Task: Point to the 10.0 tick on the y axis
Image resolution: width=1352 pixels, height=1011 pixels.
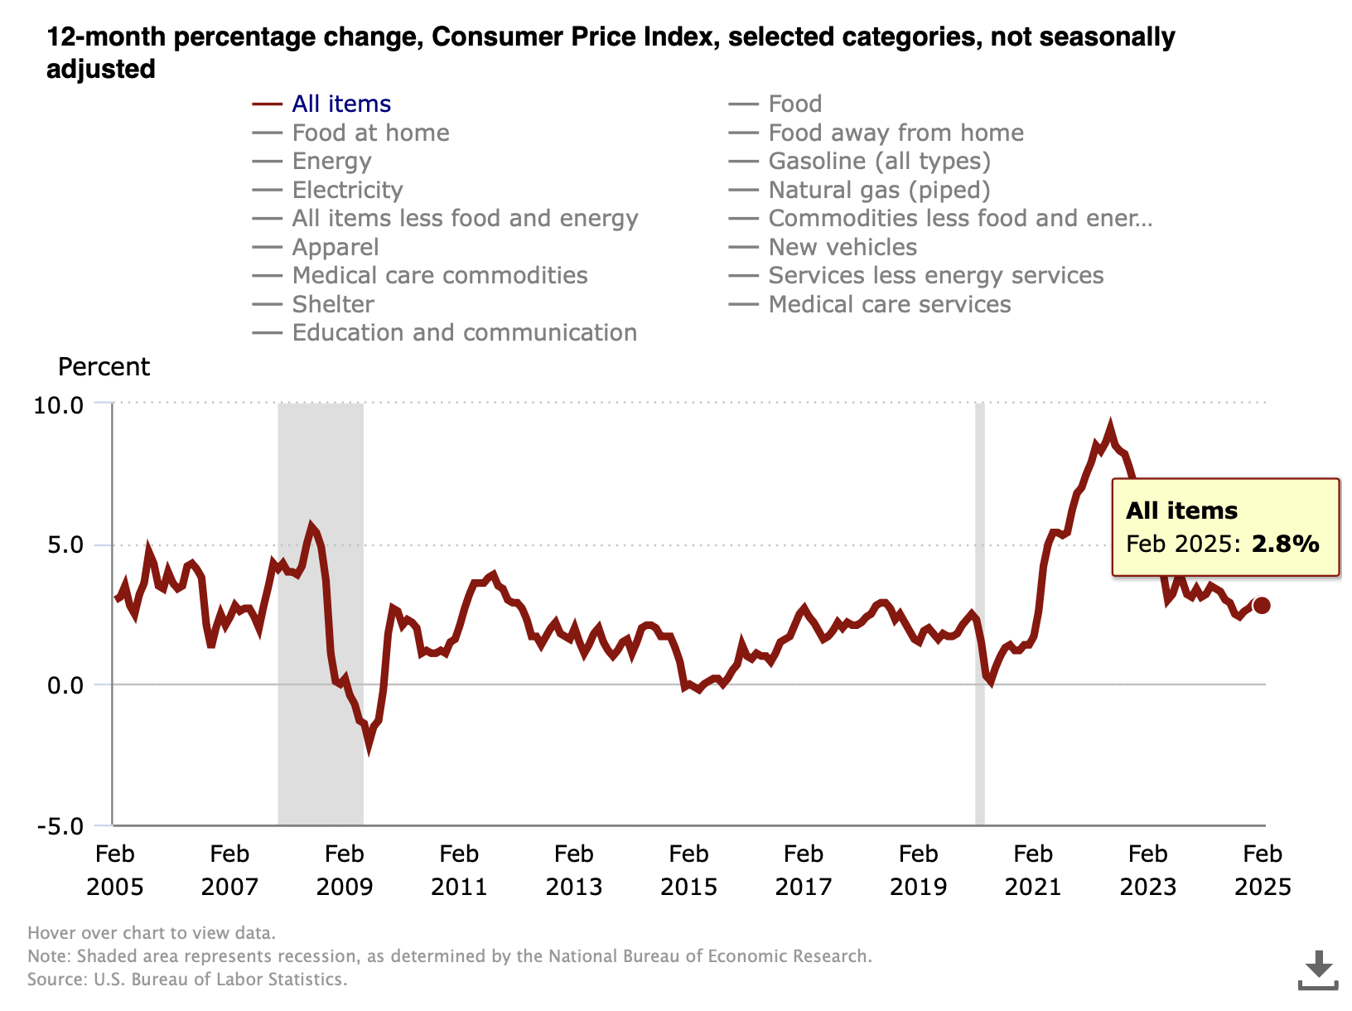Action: (x=58, y=405)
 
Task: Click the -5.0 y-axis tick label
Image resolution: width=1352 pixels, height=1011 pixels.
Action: (x=60, y=827)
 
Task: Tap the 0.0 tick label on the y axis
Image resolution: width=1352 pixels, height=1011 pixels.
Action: (x=65, y=685)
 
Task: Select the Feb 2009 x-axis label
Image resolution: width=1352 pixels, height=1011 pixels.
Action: (x=345, y=870)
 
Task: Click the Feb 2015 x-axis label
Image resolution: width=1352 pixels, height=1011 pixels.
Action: (x=688, y=870)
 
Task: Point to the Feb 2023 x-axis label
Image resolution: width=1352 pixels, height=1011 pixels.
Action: (x=1147, y=870)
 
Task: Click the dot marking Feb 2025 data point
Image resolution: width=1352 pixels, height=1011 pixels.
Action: (x=1262, y=606)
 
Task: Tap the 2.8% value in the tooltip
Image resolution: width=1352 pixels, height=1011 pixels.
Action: (x=1285, y=544)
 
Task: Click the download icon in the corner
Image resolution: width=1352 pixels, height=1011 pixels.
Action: (x=1318, y=970)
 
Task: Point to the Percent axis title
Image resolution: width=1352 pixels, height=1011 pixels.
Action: (x=104, y=367)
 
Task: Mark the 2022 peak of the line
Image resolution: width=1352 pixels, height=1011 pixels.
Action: (x=1110, y=425)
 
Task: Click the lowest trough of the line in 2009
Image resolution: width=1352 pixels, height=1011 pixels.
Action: (x=369, y=748)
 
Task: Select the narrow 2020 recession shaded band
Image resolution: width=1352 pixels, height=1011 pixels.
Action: (x=979, y=614)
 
